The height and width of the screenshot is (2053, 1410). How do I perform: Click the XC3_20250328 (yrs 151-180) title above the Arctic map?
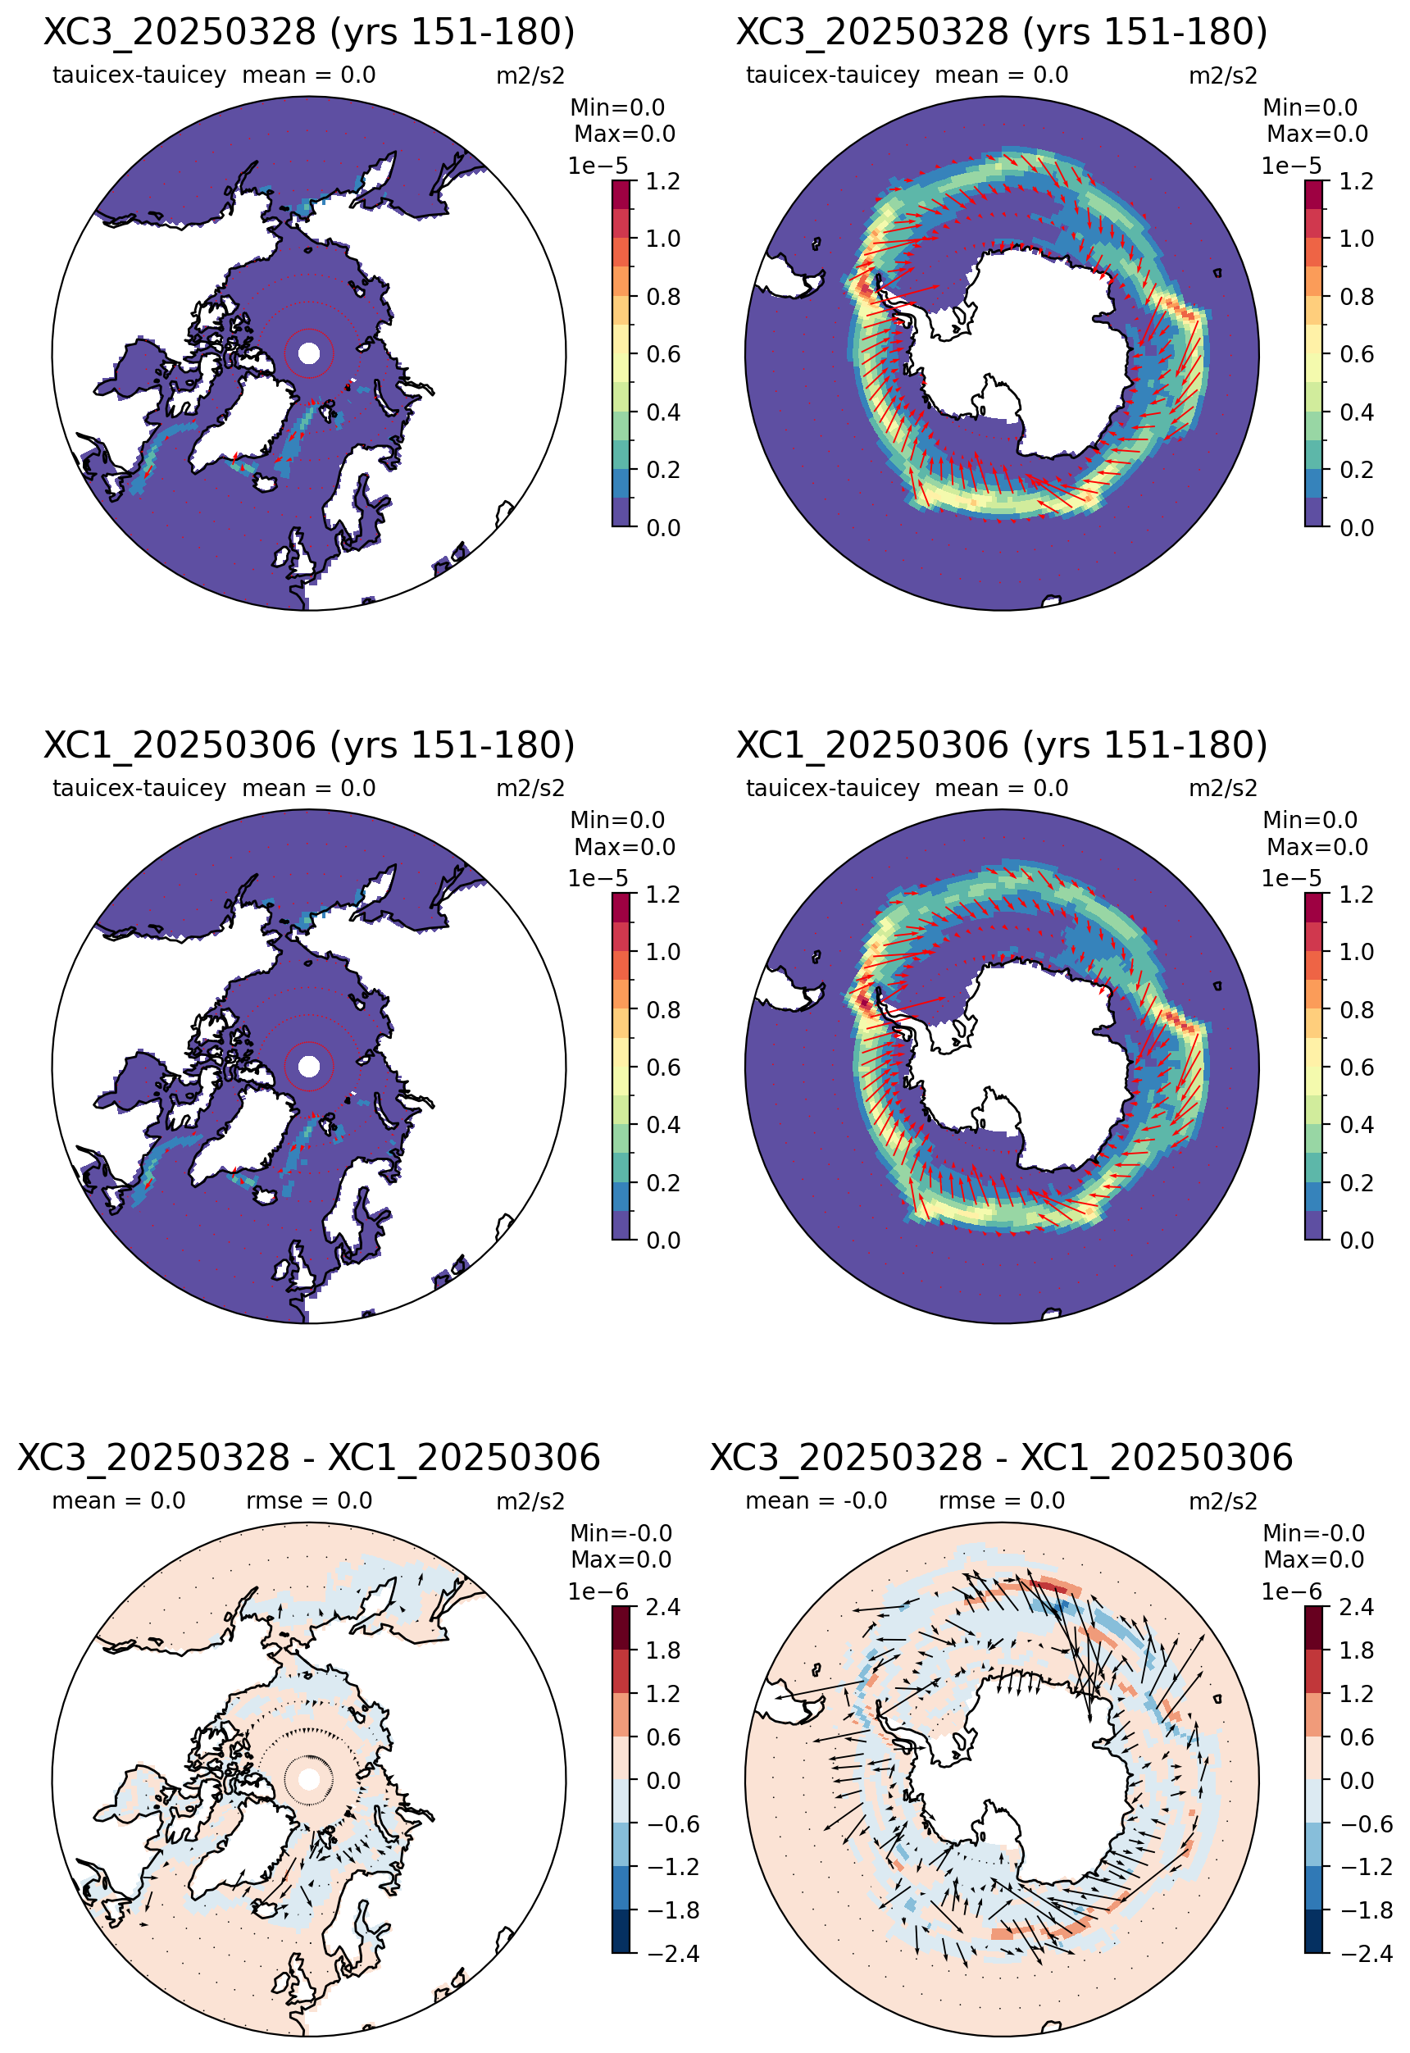309,32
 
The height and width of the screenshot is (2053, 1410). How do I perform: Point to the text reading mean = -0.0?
816,1501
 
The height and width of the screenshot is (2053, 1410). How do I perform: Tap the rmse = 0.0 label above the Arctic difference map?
308,1501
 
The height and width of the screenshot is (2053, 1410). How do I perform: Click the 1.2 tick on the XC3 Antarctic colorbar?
1356,182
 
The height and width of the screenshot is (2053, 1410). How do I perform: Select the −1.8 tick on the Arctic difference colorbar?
672,1910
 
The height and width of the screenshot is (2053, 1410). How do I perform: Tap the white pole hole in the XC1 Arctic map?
309,1066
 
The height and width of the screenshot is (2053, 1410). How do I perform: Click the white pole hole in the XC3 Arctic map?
309,353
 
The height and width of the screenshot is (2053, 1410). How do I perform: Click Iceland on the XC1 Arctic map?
265,1195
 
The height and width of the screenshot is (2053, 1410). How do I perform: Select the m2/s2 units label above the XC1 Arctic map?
530,788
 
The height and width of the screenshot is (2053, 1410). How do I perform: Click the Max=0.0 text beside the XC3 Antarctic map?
1317,134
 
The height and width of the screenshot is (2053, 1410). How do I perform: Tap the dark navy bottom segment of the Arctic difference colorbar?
622,1932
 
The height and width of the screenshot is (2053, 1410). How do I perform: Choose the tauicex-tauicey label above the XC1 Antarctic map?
832,788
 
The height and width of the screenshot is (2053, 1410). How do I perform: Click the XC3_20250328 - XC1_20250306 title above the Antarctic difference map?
1002,1458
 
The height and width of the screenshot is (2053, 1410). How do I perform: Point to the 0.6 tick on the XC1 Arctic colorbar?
662,1068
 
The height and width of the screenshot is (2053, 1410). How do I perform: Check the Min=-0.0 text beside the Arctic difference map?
621,1533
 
